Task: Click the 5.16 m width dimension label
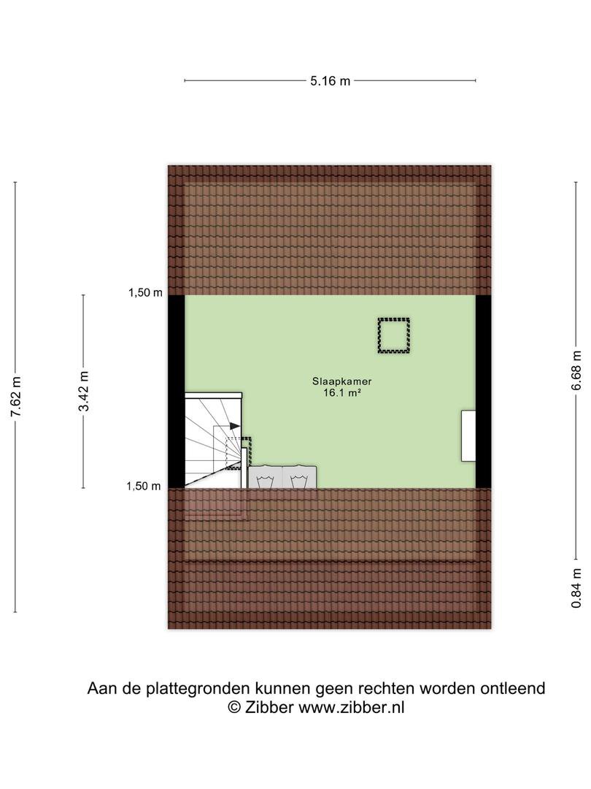330,80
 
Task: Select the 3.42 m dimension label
83,391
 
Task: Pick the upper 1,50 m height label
145,292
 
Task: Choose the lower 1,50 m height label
144,486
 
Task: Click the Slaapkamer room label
341,381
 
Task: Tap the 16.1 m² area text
341,393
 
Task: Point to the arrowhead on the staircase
235,426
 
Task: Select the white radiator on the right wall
468,435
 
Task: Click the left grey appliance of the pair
266,477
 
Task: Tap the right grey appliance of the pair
300,477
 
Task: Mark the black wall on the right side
484,392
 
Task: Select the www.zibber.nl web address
351,707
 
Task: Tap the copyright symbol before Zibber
234,707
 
